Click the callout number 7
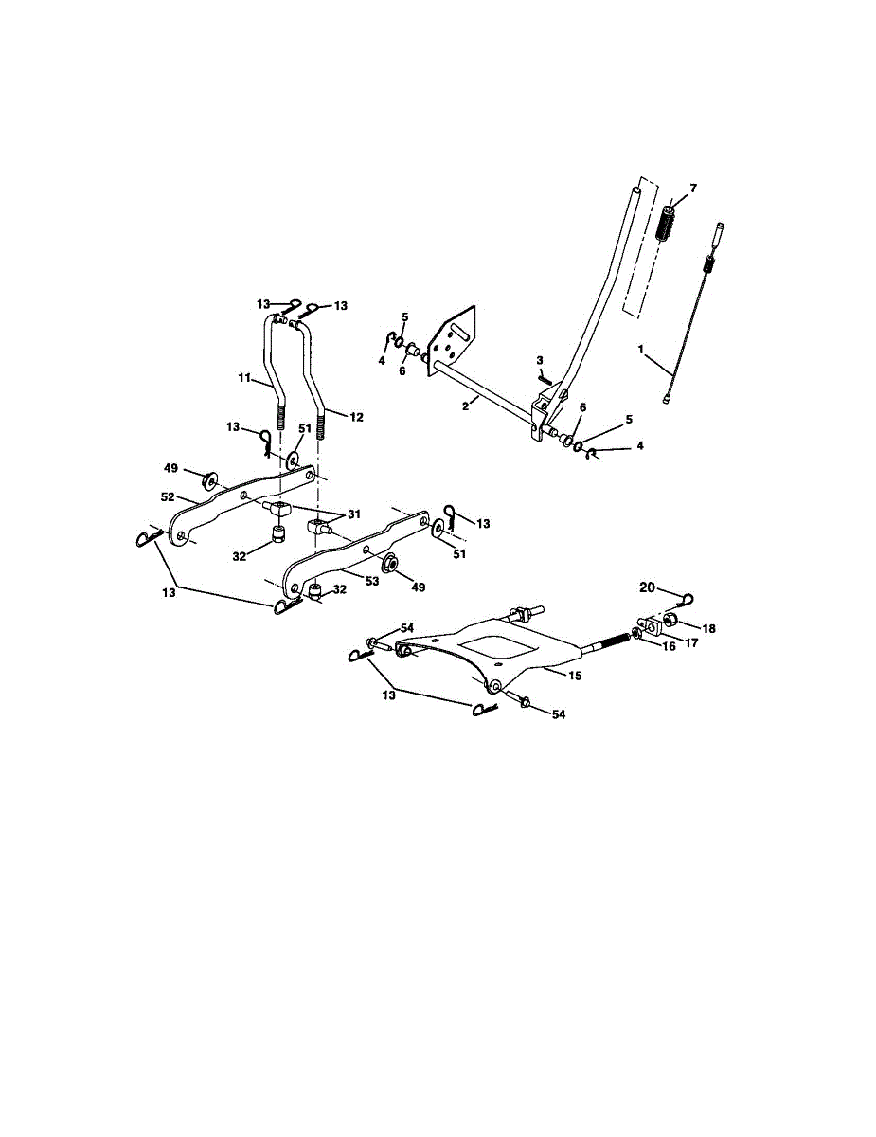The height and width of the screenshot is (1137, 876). click(x=692, y=189)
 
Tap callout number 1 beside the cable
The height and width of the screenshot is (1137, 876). click(x=641, y=350)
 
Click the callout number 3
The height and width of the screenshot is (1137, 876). click(x=540, y=360)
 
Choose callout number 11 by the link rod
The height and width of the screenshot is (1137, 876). click(x=242, y=377)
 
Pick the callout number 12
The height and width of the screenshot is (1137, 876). click(x=356, y=417)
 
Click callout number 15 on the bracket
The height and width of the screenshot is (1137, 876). click(x=576, y=676)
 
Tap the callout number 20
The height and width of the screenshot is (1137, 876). click(x=647, y=588)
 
